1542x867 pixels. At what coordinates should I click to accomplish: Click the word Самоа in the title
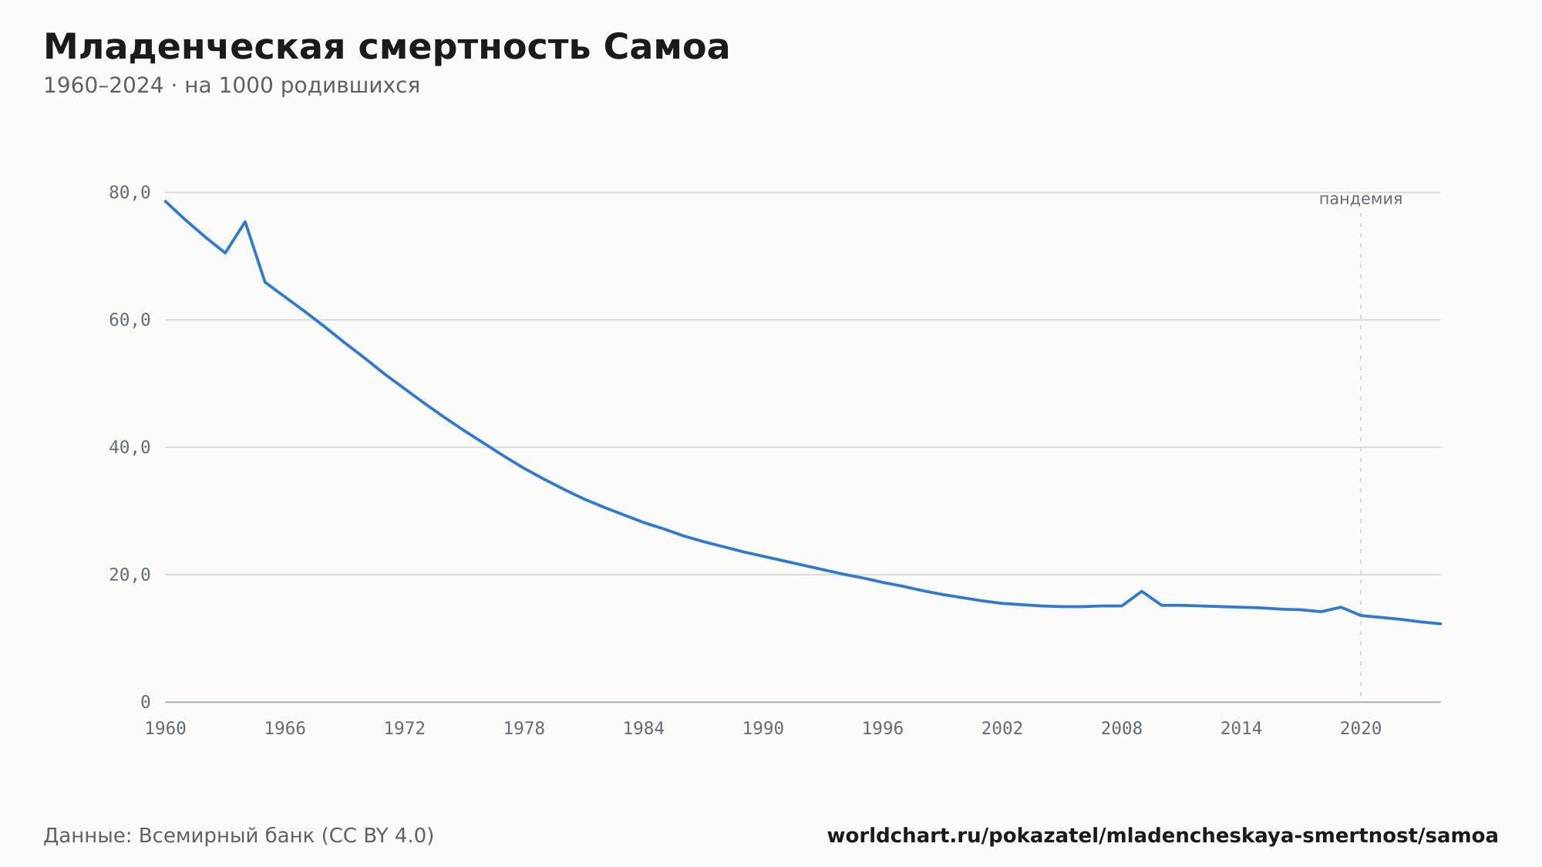click(666, 47)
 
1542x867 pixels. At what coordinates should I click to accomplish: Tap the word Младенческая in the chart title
click(194, 47)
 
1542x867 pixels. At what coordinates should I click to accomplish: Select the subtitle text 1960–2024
click(103, 86)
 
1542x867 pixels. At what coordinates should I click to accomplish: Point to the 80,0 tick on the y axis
click(130, 193)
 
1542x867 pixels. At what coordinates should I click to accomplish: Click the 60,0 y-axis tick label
click(130, 320)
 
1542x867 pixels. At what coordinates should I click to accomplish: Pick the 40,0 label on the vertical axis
click(130, 447)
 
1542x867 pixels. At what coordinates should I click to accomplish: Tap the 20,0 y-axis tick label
click(130, 575)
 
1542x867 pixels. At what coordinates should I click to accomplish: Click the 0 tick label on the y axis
click(146, 702)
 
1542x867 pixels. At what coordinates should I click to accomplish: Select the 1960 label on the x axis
click(166, 729)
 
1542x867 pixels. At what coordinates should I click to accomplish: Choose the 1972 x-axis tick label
click(405, 729)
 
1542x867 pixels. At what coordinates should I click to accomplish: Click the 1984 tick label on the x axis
click(644, 729)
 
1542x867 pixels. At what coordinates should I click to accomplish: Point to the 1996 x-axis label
click(883, 729)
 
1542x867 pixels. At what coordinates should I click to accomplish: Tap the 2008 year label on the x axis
click(1122, 729)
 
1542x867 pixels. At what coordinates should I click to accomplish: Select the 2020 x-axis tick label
click(1361, 729)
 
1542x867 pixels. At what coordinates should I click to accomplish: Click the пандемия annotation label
click(1361, 200)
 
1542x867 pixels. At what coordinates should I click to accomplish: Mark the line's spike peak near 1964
click(245, 221)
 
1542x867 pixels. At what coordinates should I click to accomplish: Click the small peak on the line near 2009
click(1142, 591)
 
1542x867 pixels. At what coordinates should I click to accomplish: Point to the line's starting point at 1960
click(166, 201)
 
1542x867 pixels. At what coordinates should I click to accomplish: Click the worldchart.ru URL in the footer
click(1163, 835)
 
